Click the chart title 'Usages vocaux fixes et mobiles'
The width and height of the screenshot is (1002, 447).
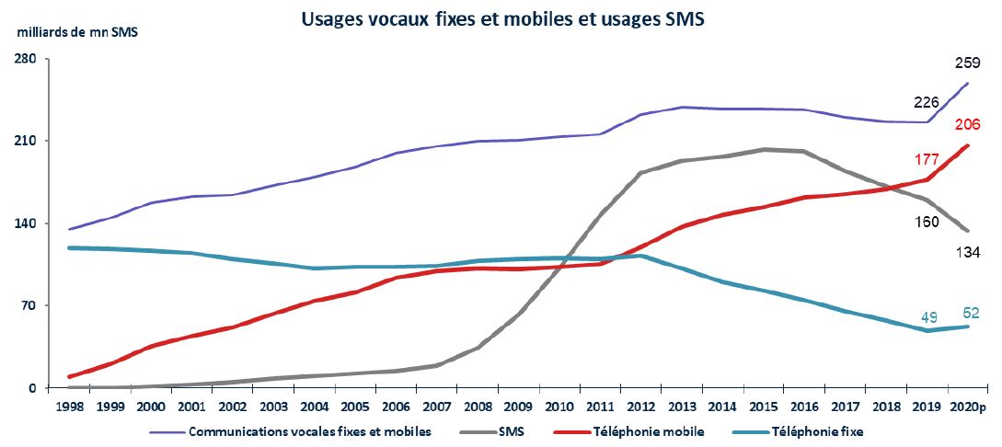(x=502, y=18)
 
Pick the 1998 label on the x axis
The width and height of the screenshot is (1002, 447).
(x=69, y=406)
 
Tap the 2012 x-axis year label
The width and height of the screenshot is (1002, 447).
(x=640, y=406)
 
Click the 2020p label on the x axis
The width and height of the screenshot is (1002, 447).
(x=969, y=406)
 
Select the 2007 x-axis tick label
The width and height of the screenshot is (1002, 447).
(x=436, y=406)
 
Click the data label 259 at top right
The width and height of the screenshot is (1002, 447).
(x=966, y=63)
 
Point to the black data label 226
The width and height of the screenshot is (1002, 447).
(x=926, y=102)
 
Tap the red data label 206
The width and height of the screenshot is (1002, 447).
(x=966, y=126)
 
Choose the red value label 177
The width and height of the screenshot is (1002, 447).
(x=926, y=160)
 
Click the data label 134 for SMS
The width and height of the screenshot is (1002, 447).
(x=966, y=249)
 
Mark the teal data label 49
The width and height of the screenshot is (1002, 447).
(x=929, y=317)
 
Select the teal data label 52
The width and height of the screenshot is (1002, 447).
(x=970, y=313)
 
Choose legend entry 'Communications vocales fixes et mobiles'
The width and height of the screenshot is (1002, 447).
(x=308, y=430)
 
